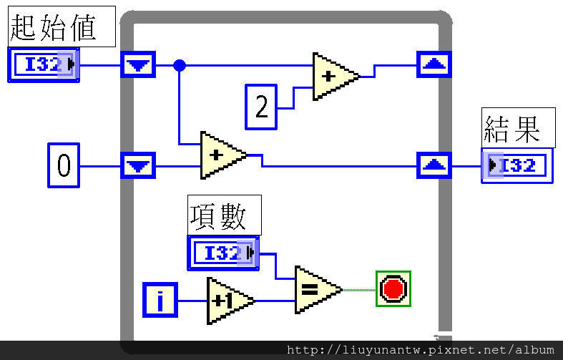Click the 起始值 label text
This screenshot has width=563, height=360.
(53, 28)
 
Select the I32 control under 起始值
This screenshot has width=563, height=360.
(44, 64)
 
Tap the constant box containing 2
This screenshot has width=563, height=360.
(261, 107)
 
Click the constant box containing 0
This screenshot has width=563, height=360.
(64, 165)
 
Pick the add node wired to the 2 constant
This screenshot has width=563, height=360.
(335, 77)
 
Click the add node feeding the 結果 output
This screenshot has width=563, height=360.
(223, 155)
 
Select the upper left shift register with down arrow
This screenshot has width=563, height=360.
(138, 64)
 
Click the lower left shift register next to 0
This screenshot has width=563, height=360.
(138, 165)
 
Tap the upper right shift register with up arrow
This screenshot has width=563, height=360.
(434, 64)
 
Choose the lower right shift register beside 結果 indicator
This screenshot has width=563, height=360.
(434, 165)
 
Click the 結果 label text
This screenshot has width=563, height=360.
(512, 129)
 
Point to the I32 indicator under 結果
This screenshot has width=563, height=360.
(517, 165)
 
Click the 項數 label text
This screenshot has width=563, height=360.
(218, 216)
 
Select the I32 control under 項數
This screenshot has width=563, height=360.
(223, 253)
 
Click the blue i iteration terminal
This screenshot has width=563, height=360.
(160, 300)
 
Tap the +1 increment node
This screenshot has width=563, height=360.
(230, 301)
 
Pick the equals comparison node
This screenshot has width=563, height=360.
(318, 290)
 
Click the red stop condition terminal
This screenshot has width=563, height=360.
(393, 289)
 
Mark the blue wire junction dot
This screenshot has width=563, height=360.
(179, 65)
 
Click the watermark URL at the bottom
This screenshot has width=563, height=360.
(420, 349)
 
